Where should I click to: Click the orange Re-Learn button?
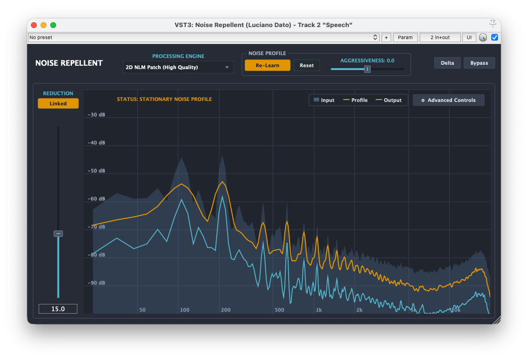[267, 65]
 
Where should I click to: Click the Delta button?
[447, 63]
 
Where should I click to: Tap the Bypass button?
[479, 63]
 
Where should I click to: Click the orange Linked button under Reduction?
[58, 103]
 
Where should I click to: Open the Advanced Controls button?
[449, 100]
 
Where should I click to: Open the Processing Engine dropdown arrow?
[227, 67]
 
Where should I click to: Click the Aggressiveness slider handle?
[367, 69]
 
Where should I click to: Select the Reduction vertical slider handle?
[58, 233]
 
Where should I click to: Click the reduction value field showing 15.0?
[58, 309]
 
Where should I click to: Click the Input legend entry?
[324, 100]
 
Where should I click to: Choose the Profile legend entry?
[355, 100]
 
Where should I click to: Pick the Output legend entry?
[389, 100]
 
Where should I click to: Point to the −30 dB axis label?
[96, 115]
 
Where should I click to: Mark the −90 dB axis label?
[96, 283]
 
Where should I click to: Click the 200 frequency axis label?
[226, 310]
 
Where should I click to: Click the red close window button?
[34, 25]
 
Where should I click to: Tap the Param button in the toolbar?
[405, 37]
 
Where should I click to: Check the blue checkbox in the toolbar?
[494, 37]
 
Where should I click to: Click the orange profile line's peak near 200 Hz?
[222, 182]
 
